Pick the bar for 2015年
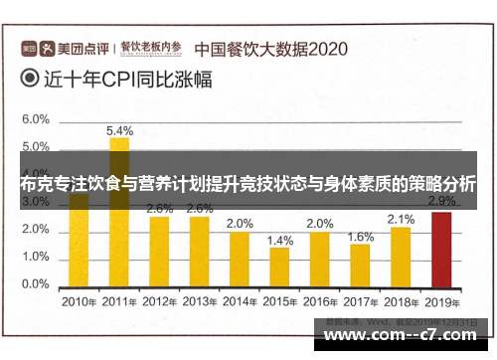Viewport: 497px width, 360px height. click(x=280, y=266)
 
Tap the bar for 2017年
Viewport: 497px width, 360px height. click(x=361, y=264)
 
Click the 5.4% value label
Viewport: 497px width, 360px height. click(x=119, y=130)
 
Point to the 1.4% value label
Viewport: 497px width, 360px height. click(x=280, y=240)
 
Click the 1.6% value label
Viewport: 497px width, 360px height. click(x=361, y=237)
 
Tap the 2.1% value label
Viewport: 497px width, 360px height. click(x=401, y=219)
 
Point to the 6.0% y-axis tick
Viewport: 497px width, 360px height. click(x=35, y=118)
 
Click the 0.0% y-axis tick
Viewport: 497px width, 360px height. click(x=35, y=283)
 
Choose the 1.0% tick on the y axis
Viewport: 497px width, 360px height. click(x=35, y=257)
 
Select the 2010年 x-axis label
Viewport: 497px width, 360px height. click(x=79, y=300)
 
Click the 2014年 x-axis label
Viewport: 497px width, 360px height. click(x=240, y=300)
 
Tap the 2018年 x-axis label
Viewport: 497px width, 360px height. click(x=401, y=300)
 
